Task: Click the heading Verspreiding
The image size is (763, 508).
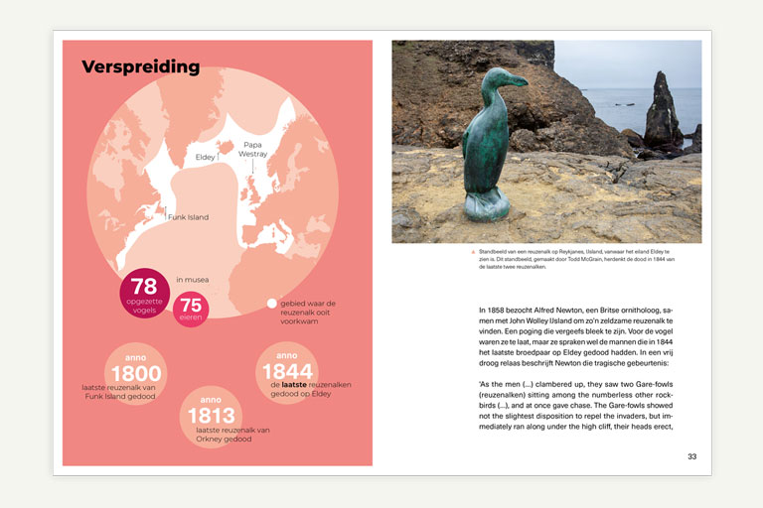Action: tap(140, 67)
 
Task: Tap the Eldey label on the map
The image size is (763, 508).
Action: tap(205, 157)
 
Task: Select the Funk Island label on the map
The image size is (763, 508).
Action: tap(189, 216)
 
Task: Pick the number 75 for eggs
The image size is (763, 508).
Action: tap(191, 305)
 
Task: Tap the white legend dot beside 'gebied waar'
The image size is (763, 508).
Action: tap(271, 304)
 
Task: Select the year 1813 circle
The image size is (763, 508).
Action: tap(211, 415)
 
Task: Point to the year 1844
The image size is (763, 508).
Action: tap(287, 371)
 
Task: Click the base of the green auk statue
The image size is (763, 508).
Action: tap(488, 205)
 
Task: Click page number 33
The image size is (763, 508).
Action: tap(691, 456)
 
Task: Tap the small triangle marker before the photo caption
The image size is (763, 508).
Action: tap(473, 252)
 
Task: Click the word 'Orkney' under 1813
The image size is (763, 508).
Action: tap(198, 440)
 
